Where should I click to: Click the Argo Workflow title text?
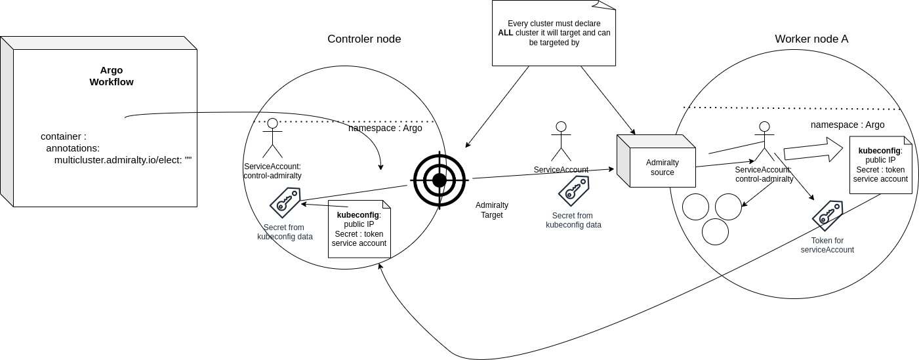[x=112, y=76]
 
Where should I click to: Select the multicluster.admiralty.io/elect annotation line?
[x=123, y=159]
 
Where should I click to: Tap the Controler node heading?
[x=364, y=39]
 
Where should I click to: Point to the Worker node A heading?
[x=811, y=39]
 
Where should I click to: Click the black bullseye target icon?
[x=439, y=180]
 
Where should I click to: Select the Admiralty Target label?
[x=492, y=210]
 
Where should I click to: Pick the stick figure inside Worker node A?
[x=764, y=141]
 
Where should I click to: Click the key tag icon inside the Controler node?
[x=285, y=202]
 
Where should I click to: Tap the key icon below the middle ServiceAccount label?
[x=573, y=191]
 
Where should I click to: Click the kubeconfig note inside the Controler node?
[x=359, y=229]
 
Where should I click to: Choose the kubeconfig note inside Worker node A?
[x=880, y=165]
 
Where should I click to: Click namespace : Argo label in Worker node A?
[x=847, y=125]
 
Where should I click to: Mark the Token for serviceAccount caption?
[x=827, y=245]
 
